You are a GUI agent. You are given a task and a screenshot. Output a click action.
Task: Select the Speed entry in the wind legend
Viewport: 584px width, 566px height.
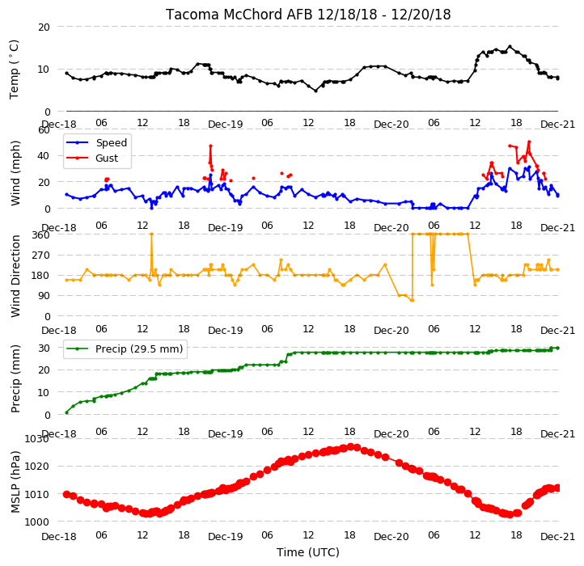[x=112, y=142]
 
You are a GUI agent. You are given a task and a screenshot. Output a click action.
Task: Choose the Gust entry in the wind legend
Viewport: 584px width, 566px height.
[x=107, y=158]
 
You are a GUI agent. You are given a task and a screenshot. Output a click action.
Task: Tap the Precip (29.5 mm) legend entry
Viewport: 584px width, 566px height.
[x=139, y=349]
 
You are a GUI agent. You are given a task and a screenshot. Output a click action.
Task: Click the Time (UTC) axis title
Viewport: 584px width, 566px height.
[x=308, y=552]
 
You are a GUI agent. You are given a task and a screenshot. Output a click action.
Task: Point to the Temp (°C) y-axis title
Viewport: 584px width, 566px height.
[x=14, y=70]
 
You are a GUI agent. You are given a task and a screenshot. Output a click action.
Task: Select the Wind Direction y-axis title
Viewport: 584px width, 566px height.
[x=15, y=276]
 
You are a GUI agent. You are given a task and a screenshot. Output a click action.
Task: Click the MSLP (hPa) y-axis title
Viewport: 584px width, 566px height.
[x=15, y=482]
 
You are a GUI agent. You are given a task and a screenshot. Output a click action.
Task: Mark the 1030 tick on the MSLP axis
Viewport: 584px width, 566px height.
[x=37, y=438]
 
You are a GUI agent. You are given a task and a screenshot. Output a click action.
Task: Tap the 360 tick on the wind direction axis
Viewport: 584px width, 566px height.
[x=41, y=235]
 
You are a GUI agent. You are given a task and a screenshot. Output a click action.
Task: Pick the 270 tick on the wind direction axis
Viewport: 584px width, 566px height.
[x=41, y=256]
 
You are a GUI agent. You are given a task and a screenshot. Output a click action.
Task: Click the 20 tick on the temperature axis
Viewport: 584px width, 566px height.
[x=44, y=27]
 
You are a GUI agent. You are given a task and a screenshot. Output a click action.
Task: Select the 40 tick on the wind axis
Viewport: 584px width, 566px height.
[x=44, y=156]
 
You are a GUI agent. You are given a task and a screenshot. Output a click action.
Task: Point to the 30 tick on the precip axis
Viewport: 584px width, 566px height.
[x=44, y=348]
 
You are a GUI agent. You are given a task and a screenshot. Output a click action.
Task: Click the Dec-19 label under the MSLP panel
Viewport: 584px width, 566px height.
[x=226, y=537]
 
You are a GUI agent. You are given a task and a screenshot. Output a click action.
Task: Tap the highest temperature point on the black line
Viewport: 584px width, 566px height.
[x=510, y=47]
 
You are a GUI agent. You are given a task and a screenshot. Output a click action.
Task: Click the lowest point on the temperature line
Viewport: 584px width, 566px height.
[x=315, y=91]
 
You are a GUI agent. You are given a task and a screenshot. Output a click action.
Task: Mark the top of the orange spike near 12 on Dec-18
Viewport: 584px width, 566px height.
[x=151, y=234]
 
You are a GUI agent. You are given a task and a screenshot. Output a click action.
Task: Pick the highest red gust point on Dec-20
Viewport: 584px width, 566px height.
[x=529, y=141]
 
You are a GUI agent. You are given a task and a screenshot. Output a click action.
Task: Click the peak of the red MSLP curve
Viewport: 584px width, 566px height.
[x=350, y=447]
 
